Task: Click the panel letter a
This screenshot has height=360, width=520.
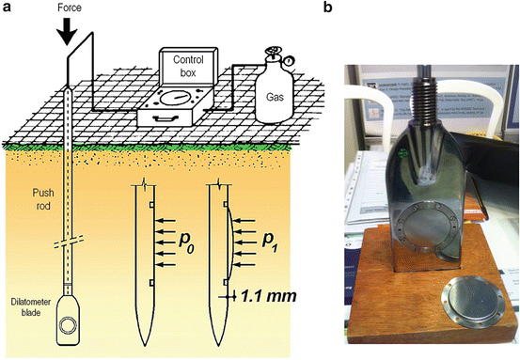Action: click(8, 8)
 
